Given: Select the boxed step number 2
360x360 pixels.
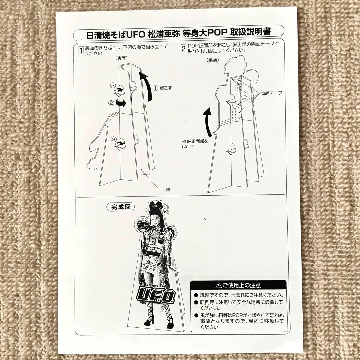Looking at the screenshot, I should click(183, 49).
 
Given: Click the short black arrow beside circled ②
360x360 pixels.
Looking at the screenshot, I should click(121, 104).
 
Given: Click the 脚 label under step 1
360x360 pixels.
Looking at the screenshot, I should click(168, 190).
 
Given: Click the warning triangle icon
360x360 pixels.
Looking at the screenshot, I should click(219, 285).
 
